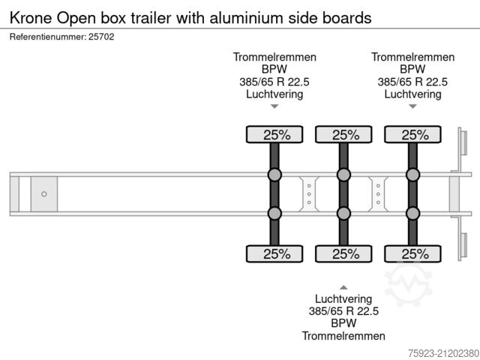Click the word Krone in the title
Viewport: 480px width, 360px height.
(31, 16)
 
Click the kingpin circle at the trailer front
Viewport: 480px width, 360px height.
(44, 194)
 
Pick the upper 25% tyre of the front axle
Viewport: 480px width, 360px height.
(274, 135)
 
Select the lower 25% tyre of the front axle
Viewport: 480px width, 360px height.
(274, 253)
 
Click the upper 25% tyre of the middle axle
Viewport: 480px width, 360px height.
(343, 135)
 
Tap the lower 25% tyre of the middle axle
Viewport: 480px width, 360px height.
(343, 253)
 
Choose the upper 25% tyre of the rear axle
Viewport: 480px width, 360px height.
(412, 135)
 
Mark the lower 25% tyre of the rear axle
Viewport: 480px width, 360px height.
(412, 253)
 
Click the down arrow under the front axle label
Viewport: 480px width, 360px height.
(274, 106)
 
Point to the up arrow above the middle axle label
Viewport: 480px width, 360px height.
(343, 286)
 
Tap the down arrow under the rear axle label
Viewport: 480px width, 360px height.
(412, 106)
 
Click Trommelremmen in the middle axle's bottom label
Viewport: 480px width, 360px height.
(343, 336)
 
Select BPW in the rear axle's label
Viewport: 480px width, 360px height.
(412, 69)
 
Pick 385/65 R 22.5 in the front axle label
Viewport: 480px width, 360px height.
(274, 82)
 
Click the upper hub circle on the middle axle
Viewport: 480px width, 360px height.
(343, 175)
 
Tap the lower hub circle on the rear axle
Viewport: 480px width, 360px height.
(412, 214)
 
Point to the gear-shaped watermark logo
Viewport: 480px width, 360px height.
(408, 283)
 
